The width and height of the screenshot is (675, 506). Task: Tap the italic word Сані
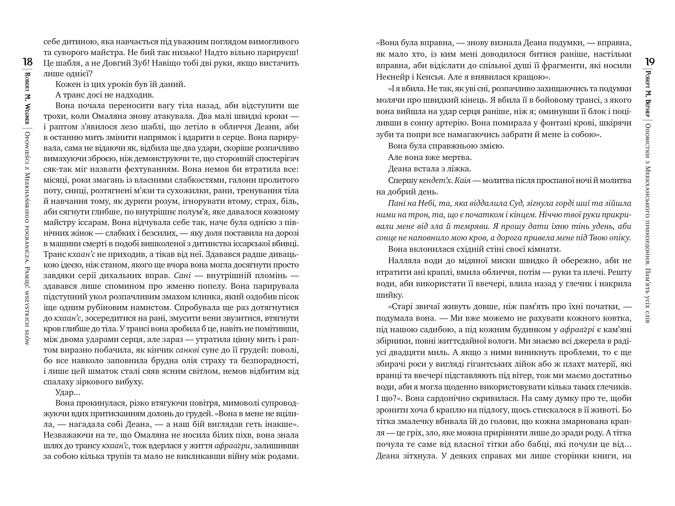pyautogui.click(x=182, y=275)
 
